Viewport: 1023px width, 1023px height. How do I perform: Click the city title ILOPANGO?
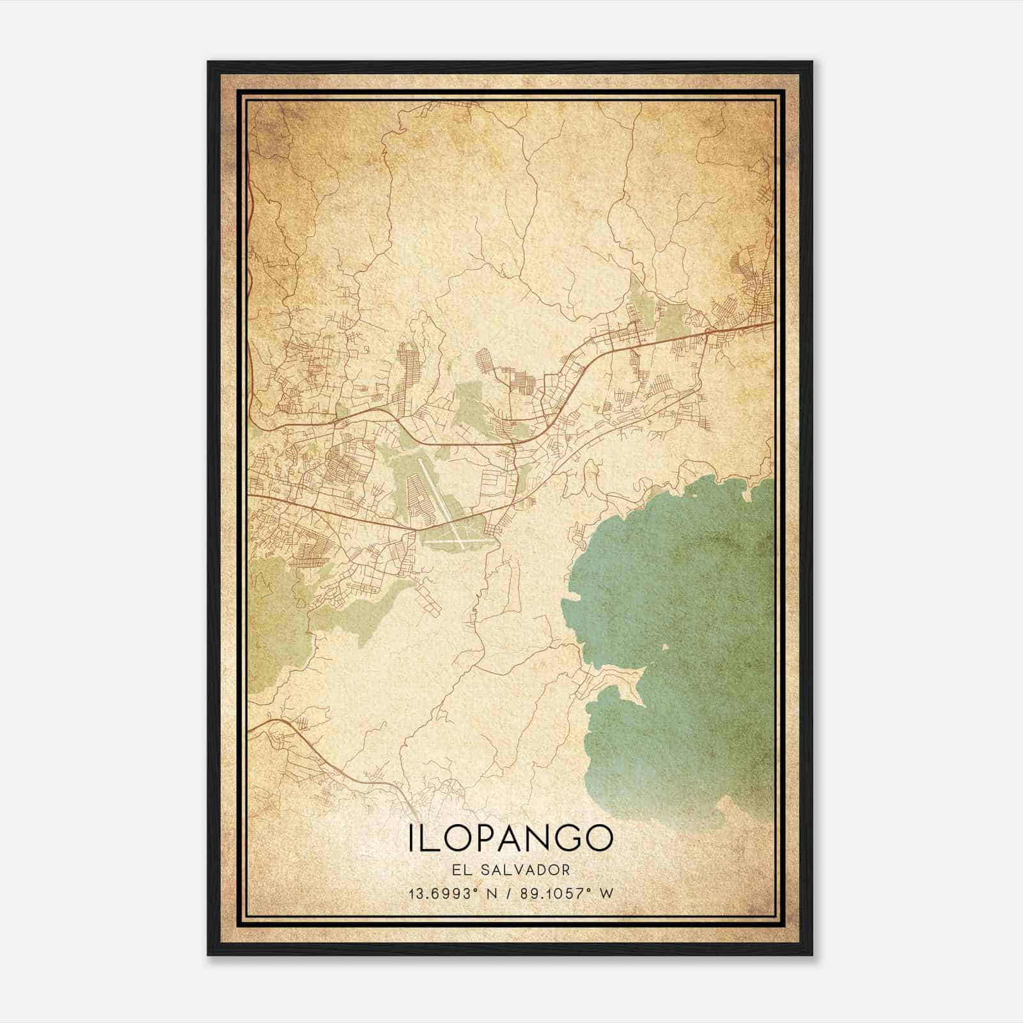[510, 838]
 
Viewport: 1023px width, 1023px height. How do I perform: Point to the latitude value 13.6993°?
[443, 893]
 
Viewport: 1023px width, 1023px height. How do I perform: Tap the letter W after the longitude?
[606, 893]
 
